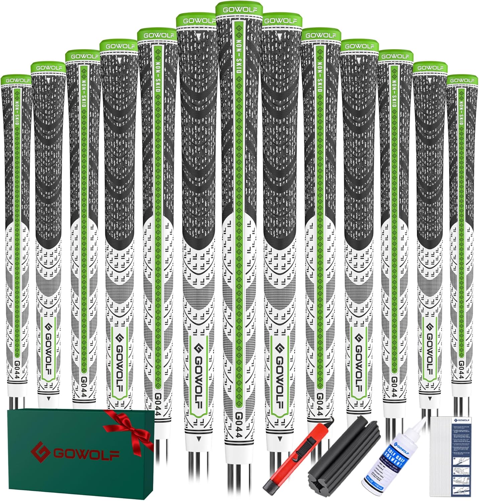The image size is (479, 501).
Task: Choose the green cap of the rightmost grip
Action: pos(462,80)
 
